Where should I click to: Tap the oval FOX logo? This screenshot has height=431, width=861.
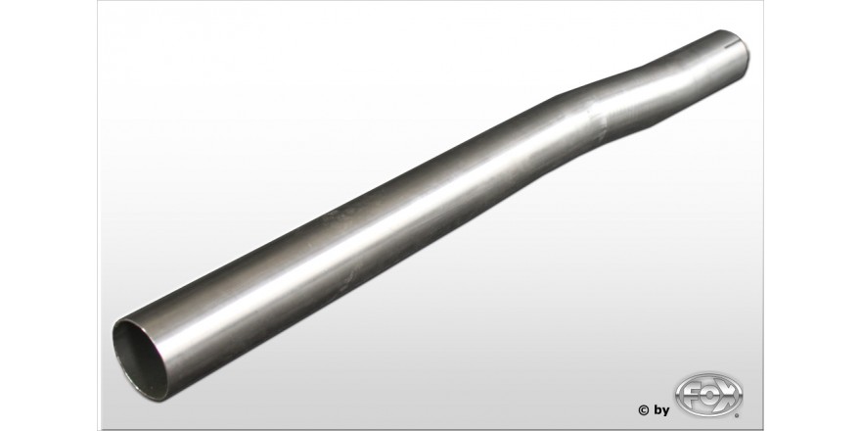pyautogui.click(x=708, y=395)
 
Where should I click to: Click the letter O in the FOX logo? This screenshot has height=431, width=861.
pyautogui.click(x=708, y=395)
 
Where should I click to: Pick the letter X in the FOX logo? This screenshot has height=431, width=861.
pyautogui.click(x=728, y=394)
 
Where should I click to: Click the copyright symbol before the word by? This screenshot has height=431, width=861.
pyautogui.click(x=644, y=409)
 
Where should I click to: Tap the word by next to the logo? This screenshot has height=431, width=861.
pyautogui.click(x=661, y=410)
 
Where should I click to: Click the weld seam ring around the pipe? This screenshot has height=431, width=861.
pyautogui.click(x=596, y=122)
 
